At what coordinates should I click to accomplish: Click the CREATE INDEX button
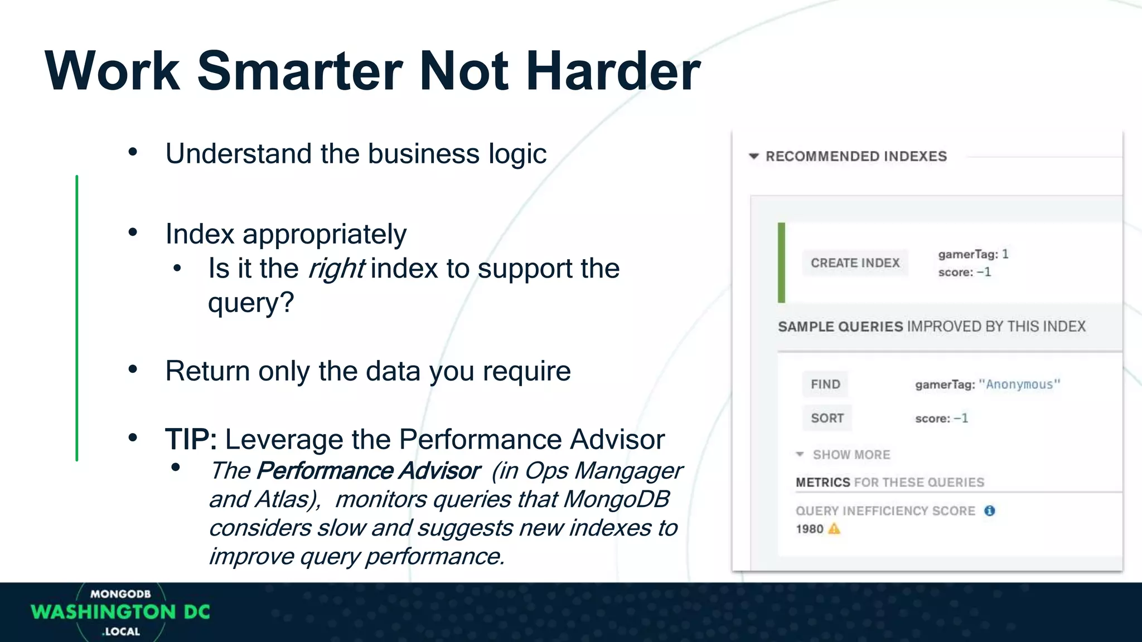(855, 263)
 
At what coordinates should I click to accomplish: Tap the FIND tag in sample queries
(825, 385)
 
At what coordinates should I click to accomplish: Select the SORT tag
(827, 418)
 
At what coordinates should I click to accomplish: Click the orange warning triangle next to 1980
(834, 529)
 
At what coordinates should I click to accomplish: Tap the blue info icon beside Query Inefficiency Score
(989, 511)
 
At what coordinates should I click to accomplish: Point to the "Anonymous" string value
(1019, 385)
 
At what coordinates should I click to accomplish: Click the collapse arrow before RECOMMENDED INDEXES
(754, 157)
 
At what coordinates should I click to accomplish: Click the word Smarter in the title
(299, 71)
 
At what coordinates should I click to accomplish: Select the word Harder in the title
(612, 71)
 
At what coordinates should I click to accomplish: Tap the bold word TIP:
(191, 440)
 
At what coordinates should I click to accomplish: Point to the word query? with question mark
(250, 303)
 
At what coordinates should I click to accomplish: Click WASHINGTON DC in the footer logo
(120, 612)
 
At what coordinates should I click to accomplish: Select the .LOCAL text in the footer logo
(121, 631)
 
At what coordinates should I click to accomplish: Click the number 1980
(809, 529)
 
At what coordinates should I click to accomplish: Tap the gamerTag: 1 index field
(973, 255)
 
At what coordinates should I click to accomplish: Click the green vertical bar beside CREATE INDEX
(781, 262)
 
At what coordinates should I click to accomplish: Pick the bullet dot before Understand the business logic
(133, 152)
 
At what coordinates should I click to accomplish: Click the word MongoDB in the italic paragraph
(616, 499)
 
